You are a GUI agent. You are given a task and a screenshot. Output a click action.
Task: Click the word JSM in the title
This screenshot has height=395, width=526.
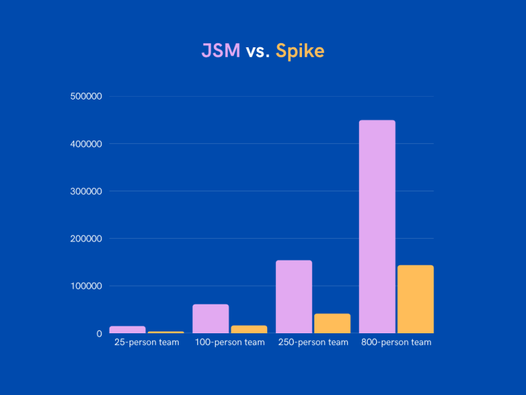pyautogui.click(x=220, y=51)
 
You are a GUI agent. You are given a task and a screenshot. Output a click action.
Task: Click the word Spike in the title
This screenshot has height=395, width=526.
pyautogui.click(x=300, y=51)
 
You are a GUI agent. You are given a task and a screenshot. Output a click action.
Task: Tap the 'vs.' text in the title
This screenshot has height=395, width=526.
pyautogui.click(x=258, y=51)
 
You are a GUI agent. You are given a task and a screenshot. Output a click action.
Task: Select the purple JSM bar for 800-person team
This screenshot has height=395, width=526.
pyautogui.click(x=377, y=226)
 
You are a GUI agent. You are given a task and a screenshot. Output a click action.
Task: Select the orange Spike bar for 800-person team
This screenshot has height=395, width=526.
pyautogui.click(x=416, y=299)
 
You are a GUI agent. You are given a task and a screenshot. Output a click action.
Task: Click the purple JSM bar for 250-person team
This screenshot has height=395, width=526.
pyautogui.click(x=294, y=296)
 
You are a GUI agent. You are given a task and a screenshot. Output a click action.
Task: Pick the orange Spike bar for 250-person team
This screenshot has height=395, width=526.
pyautogui.click(x=332, y=323)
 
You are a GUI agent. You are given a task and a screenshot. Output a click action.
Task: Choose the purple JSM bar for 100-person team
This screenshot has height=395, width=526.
pyautogui.click(x=211, y=318)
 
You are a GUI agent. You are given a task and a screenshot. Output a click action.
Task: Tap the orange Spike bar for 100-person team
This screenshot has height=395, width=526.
pyautogui.click(x=249, y=329)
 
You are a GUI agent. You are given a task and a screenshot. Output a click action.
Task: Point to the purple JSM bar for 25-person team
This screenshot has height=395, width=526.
pyautogui.click(x=128, y=329)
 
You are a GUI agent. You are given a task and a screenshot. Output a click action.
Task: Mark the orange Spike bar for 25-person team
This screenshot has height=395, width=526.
pyautogui.click(x=166, y=332)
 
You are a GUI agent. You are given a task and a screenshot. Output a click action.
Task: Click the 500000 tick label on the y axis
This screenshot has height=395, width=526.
pyautogui.click(x=86, y=97)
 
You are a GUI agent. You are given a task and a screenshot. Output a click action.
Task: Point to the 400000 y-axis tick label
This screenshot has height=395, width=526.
pyautogui.click(x=86, y=144)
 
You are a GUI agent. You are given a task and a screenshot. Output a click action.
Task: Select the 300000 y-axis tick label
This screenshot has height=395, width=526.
pyautogui.click(x=86, y=191)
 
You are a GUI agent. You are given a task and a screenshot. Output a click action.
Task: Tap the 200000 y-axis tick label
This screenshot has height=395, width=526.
pyautogui.click(x=86, y=239)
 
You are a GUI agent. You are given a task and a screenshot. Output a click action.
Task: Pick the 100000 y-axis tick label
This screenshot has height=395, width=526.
pyautogui.click(x=86, y=286)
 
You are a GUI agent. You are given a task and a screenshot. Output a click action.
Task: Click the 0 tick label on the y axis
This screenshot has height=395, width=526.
pyautogui.click(x=99, y=333)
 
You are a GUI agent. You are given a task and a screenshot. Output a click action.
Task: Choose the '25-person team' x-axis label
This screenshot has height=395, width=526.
pyautogui.click(x=147, y=342)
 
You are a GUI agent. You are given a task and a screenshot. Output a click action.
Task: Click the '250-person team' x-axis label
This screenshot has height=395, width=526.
pyautogui.click(x=313, y=342)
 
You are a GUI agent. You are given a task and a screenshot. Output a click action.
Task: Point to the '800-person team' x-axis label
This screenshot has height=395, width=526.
pyautogui.click(x=397, y=342)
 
